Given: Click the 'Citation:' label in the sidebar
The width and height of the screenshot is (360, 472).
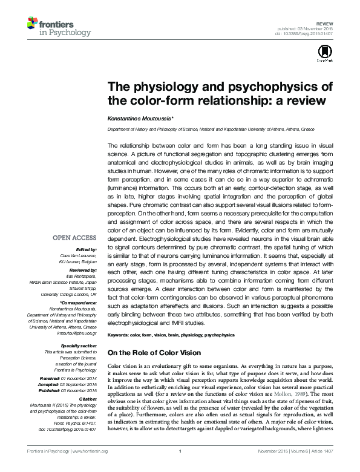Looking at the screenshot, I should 88,399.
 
